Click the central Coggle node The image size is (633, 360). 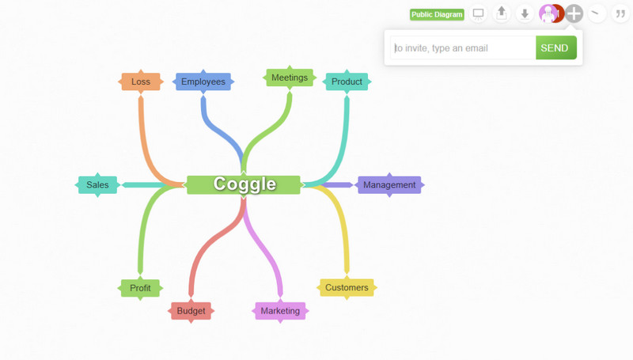pos(244,184)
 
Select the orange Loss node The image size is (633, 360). pos(141,81)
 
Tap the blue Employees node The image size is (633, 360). pos(203,81)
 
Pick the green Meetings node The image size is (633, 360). pos(290,78)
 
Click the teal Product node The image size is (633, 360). pos(347,81)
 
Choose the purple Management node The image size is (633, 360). pos(389,185)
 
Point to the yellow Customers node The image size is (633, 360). pos(347,288)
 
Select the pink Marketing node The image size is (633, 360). pos(280,311)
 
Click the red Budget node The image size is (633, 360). pos(191,311)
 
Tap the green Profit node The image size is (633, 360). pos(140,288)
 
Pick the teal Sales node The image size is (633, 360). pos(97,185)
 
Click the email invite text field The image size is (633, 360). pos(463,48)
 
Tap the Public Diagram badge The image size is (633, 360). pos(437,14)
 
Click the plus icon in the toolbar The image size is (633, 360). pos(574,13)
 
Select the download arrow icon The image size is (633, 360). pos(525,13)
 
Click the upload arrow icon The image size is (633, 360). pos(502,13)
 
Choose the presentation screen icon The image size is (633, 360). pos(479,14)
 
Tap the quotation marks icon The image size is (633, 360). pos(620,13)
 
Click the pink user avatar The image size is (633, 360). pos(548,13)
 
